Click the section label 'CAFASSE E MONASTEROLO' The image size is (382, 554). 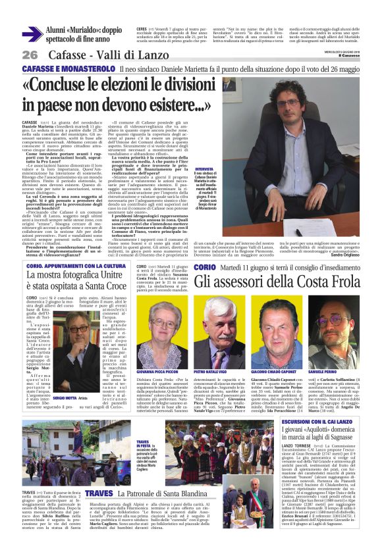pyautogui.click(x=63, y=68)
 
